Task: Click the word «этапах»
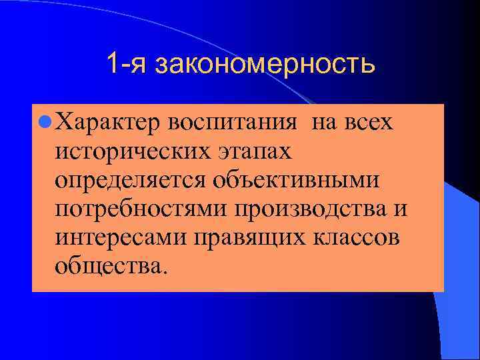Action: point(255,153)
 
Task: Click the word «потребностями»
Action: point(141,210)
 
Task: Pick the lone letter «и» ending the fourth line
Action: point(400,210)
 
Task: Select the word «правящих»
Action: point(244,239)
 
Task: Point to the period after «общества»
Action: point(158,273)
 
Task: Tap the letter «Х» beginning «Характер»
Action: point(64,124)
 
